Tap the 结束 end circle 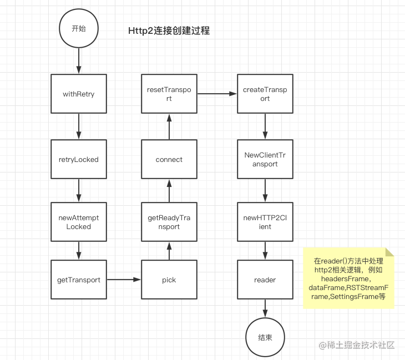pyautogui.click(x=265, y=337)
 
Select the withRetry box pyautogui.click(x=78, y=94)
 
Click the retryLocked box pyautogui.click(x=78, y=159)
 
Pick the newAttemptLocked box pyautogui.click(x=78, y=222)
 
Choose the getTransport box pyautogui.click(x=78, y=280)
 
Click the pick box pyautogui.click(x=169, y=280)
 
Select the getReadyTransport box pyautogui.click(x=169, y=222)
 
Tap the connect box pyautogui.click(x=169, y=159)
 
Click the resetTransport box pyautogui.click(x=169, y=94)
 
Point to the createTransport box pyautogui.click(x=265, y=94)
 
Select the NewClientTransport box pyautogui.click(x=265, y=159)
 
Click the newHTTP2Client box pyautogui.click(x=265, y=222)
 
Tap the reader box pyautogui.click(x=265, y=280)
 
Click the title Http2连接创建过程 pyautogui.click(x=169, y=32)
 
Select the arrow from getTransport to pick pyautogui.click(x=123, y=280)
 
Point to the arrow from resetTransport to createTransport pyautogui.click(x=217, y=94)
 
